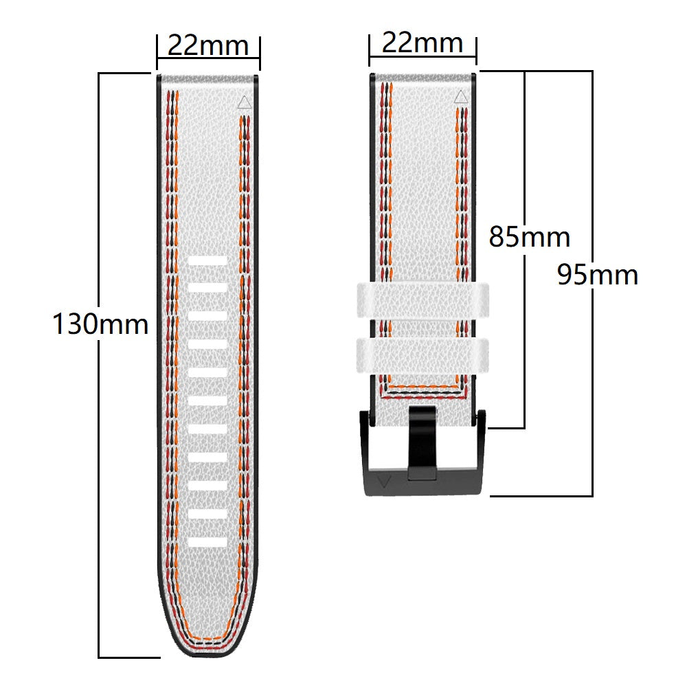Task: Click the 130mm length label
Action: click(x=100, y=324)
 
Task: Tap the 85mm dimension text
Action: click(x=529, y=237)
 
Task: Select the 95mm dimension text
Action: click(x=597, y=275)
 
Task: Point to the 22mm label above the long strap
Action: click(x=207, y=46)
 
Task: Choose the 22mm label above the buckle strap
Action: click(x=423, y=43)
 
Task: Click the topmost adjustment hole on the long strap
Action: click(x=207, y=261)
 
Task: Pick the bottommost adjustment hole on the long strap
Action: click(x=207, y=542)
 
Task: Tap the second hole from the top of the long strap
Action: click(x=207, y=289)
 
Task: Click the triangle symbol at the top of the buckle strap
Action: click(x=460, y=98)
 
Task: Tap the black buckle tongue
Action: click(x=421, y=440)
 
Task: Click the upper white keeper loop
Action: click(x=423, y=300)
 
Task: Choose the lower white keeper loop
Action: click(x=423, y=352)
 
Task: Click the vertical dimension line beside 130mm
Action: click(x=100, y=481)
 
